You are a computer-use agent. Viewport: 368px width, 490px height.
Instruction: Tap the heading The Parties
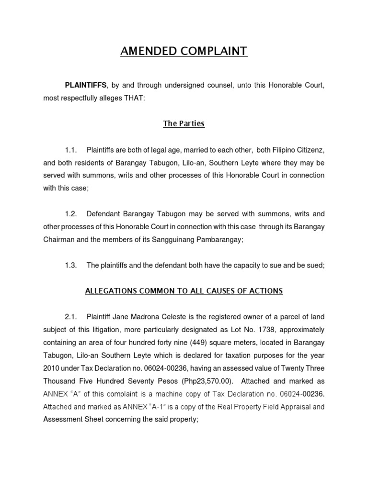[184, 123]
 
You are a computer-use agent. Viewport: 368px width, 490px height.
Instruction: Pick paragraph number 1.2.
[71, 214]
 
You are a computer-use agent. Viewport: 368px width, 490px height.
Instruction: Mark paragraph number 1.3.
[71, 266]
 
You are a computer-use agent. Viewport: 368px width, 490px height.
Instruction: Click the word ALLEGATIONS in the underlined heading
[112, 291]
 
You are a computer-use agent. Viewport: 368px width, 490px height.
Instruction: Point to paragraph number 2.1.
[71, 317]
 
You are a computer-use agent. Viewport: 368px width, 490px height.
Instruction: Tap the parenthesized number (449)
[184, 343]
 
